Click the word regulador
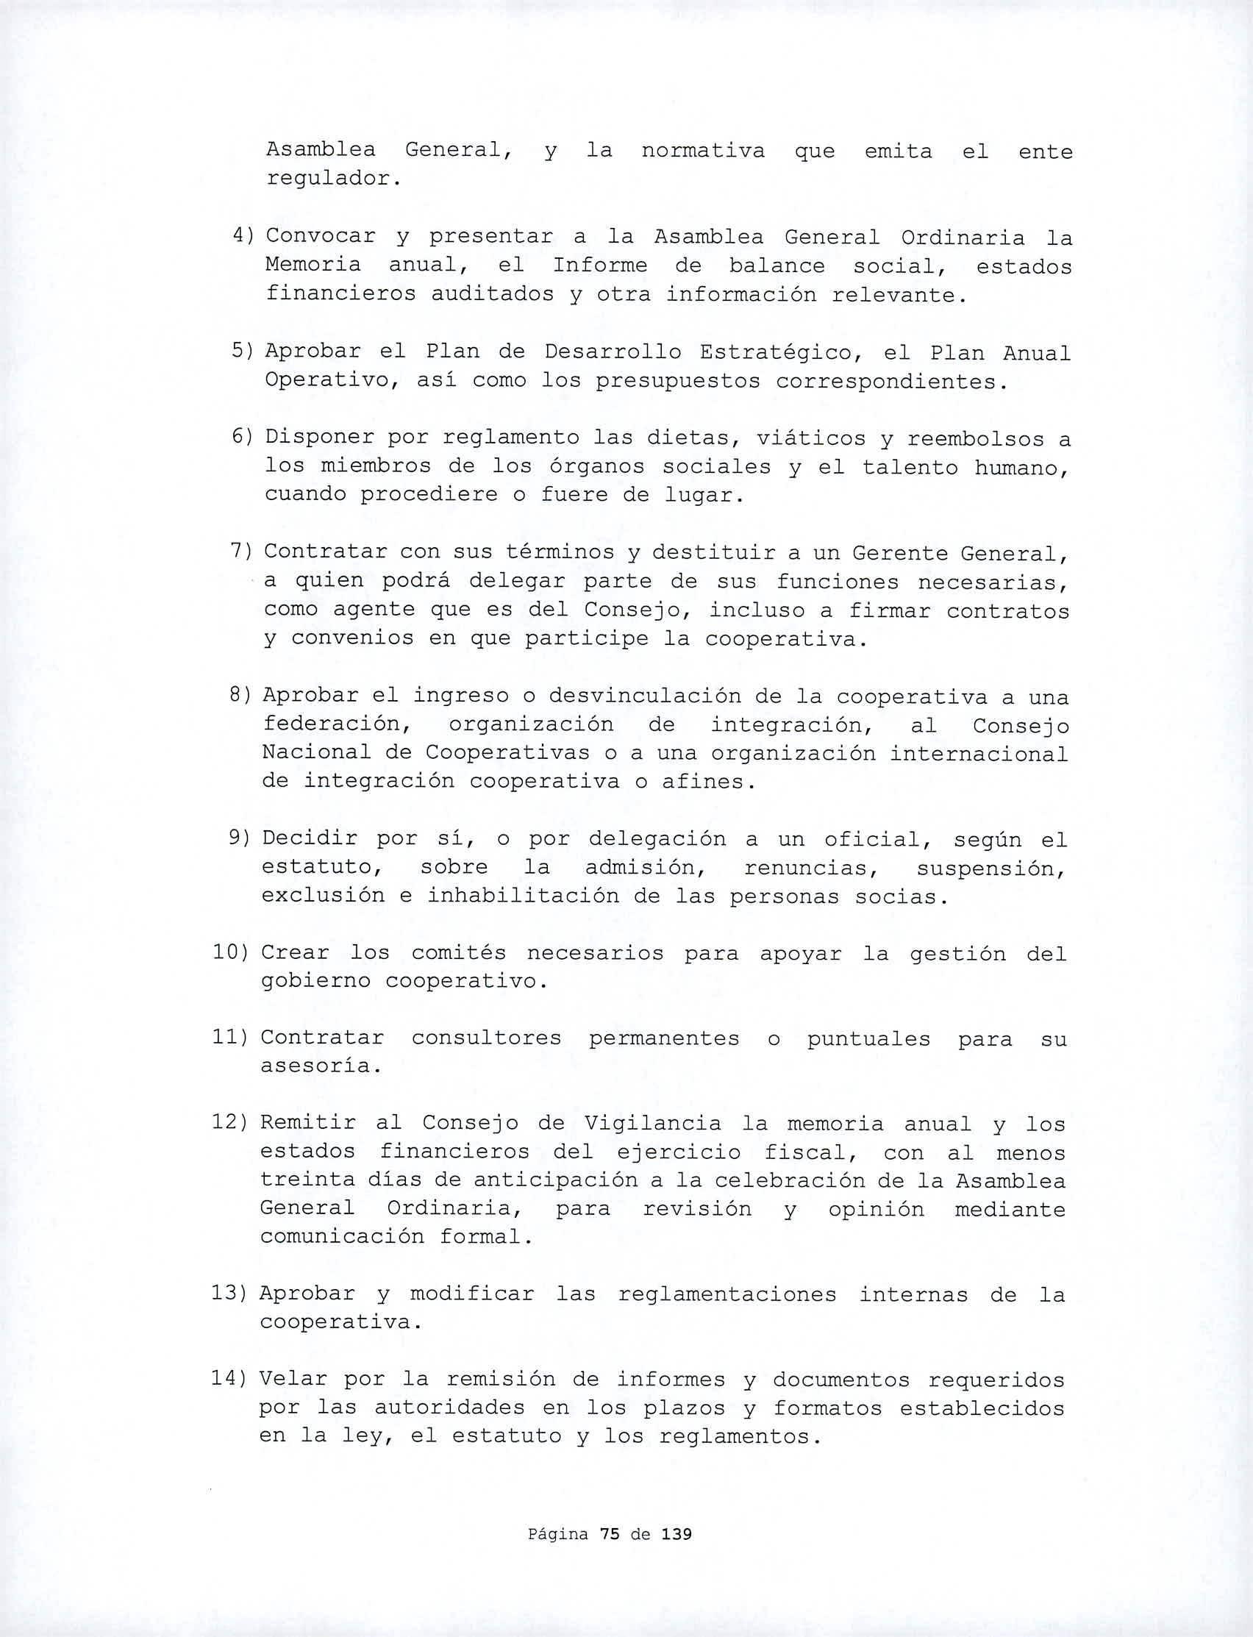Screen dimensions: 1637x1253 (328, 179)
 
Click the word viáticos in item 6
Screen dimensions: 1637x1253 (811, 438)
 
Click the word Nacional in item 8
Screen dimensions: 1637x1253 (316, 752)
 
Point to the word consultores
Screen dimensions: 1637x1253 (486, 1038)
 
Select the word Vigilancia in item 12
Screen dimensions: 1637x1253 (653, 1123)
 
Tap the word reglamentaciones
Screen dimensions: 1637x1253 (727, 1294)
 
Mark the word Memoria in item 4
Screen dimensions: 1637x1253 (313, 264)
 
